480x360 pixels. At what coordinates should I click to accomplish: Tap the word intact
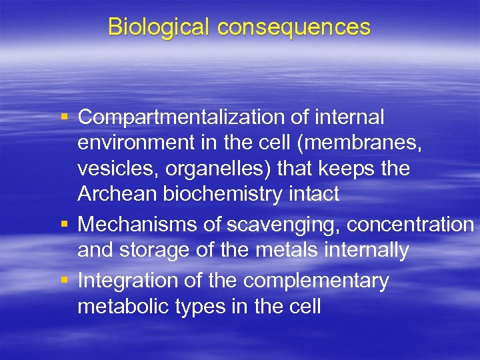coord(314,194)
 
